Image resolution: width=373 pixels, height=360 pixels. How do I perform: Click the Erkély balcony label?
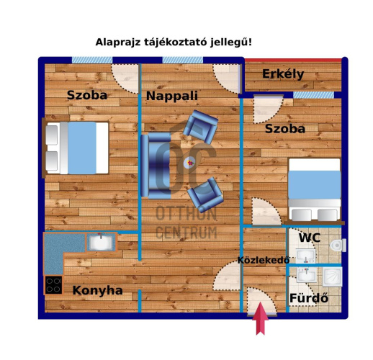click(282, 74)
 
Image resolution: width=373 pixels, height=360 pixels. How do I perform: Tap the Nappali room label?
click(171, 96)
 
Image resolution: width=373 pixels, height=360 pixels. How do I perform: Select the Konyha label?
click(97, 291)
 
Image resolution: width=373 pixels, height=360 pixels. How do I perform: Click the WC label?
click(310, 238)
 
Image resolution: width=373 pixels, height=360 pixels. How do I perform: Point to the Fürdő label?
click(308, 298)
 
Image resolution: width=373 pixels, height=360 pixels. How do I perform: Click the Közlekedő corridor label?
click(264, 260)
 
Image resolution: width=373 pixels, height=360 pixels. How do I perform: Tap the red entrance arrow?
click(260, 319)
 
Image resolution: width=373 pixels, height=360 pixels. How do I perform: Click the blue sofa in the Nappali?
click(155, 165)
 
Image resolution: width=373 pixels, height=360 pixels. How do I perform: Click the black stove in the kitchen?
click(53, 284)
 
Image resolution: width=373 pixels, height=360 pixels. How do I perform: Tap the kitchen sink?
click(101, 242)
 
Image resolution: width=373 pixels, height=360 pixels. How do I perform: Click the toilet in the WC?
click(336, 246)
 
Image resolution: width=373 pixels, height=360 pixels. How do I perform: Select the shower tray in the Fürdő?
click(332, 276)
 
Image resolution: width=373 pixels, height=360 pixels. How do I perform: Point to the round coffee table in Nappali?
click(189, 163)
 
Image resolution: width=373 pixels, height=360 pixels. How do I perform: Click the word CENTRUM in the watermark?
click(186, 232)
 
